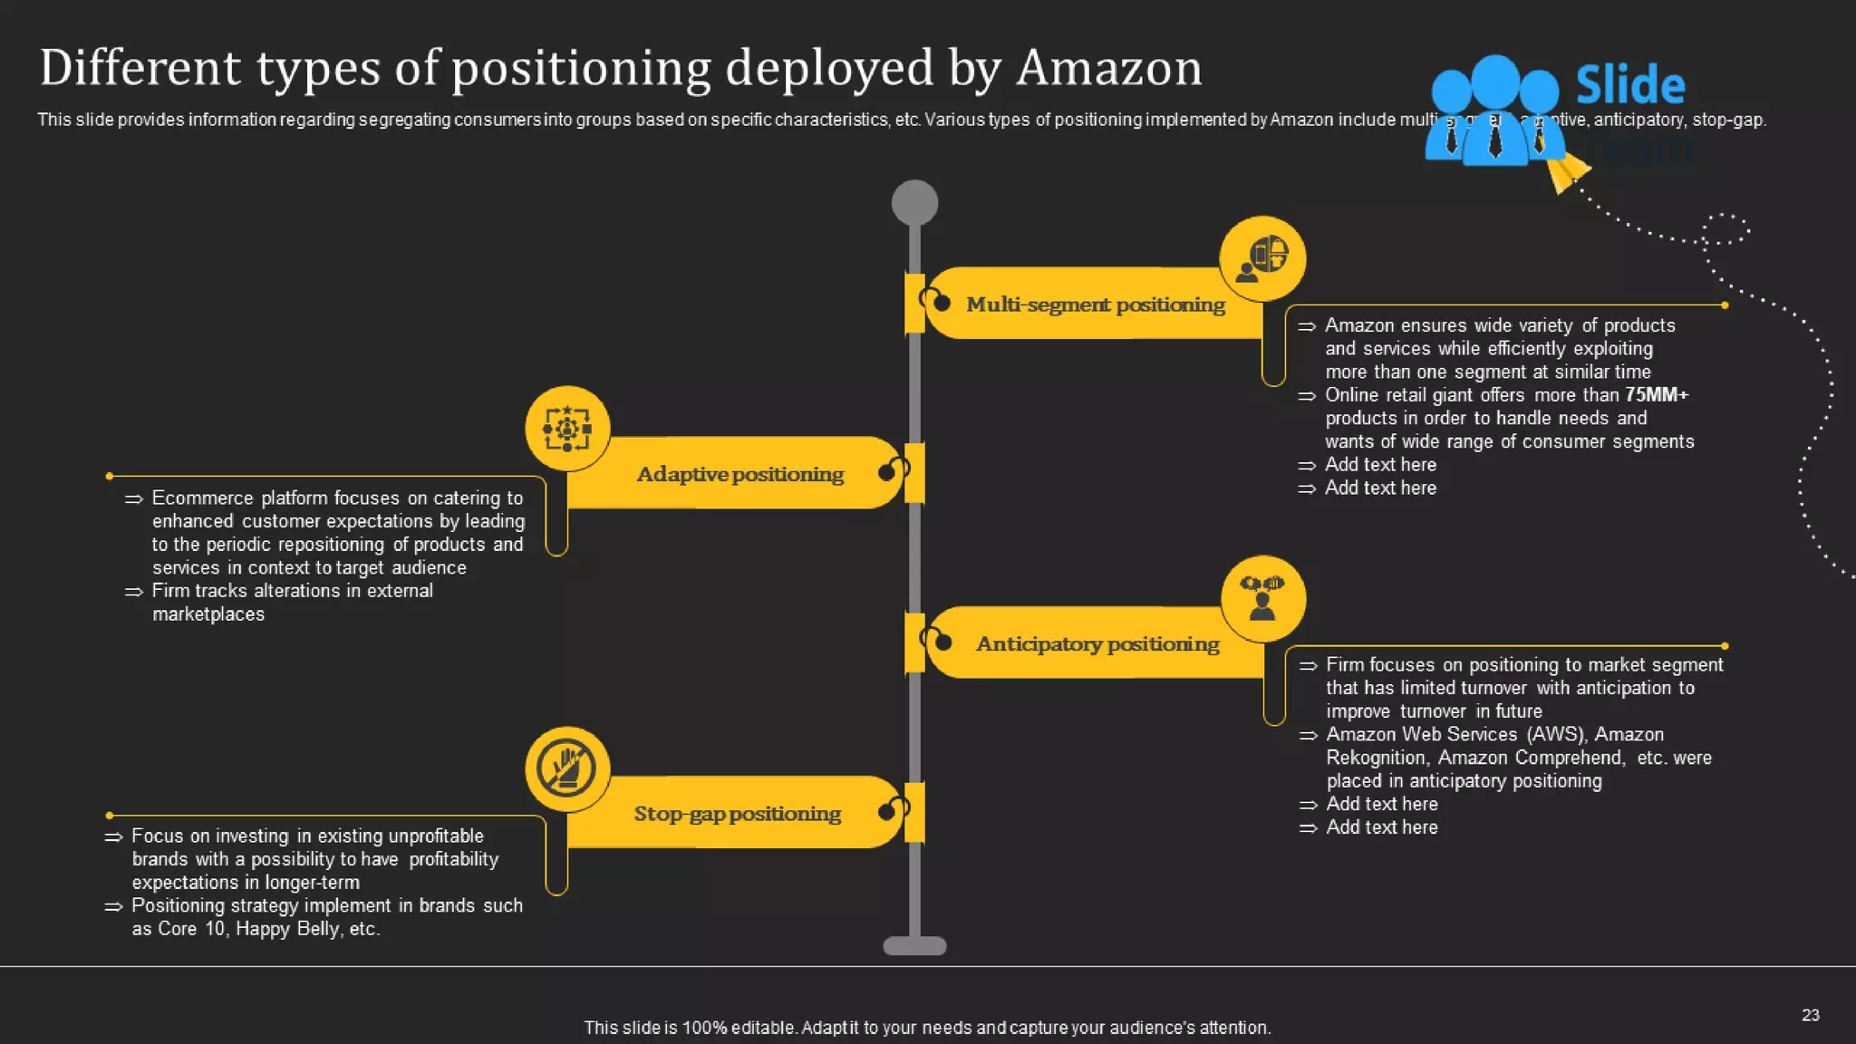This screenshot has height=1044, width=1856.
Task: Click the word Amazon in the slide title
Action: click(x=1108, y=68)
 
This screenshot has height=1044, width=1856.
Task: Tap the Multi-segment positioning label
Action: click(x=1095, y=304)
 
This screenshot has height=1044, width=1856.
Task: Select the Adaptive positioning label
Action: click(x=739, y=474)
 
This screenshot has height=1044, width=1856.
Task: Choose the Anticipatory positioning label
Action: click(x=1097, y=644)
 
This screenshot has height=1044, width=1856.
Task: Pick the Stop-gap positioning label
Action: click(x=737, y=814)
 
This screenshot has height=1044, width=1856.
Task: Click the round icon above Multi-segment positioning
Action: click(x=1262, y=258)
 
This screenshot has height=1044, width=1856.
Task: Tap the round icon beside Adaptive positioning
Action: click(x=567, y=429)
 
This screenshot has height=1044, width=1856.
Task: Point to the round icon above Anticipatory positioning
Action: click(x=1262, y=598)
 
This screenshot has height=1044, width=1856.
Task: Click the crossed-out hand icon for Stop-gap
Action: click(x=567, y=768)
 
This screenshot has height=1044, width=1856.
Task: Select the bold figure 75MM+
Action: click(x=1657, y=395)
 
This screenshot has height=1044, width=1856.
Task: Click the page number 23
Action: click(x=1810, y=1015)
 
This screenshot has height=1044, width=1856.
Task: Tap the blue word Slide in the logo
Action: click(x=1629, y=85)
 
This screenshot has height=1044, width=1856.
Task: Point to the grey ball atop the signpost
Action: click(x=914, y=202)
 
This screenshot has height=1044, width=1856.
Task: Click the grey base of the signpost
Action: click(x=914, y=946)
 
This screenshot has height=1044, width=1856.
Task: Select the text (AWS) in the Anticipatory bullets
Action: click(x=1556, y=735)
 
